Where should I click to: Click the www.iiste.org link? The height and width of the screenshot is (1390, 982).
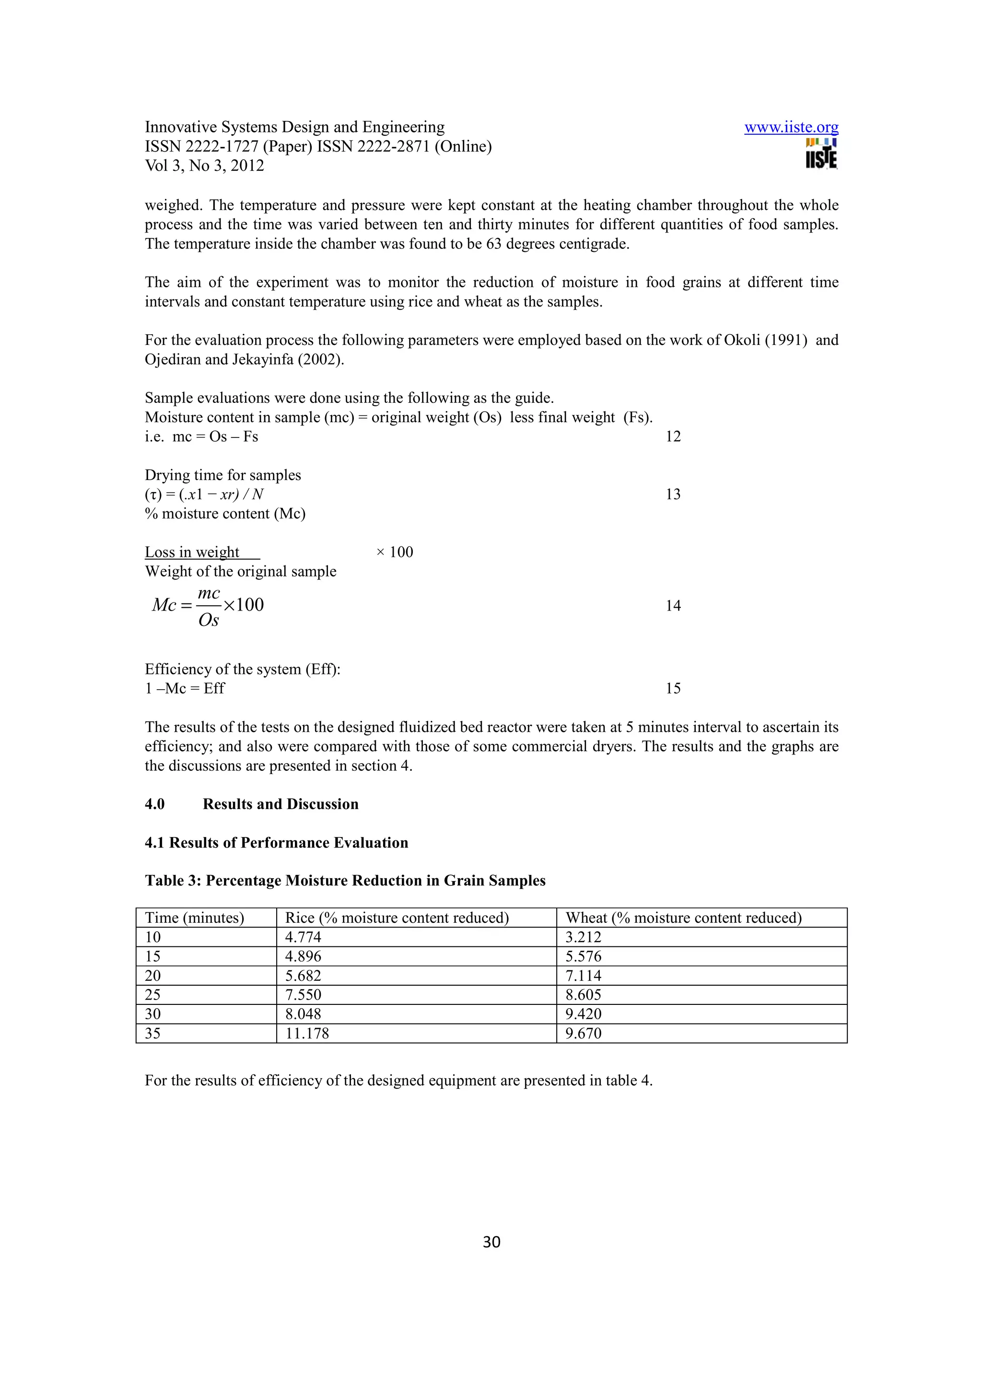791,127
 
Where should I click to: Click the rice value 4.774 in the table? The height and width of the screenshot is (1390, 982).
303,937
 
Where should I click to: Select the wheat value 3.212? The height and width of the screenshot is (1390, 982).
583,937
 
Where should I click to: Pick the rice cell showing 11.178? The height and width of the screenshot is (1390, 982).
307,1034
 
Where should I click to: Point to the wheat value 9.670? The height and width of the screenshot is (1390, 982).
583,1034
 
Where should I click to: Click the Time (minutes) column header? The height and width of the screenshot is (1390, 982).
194,918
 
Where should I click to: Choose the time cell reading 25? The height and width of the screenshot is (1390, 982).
152,995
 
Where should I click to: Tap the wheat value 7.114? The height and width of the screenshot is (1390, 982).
583,975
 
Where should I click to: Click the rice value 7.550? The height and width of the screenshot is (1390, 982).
303,995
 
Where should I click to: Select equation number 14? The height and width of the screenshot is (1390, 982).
673,605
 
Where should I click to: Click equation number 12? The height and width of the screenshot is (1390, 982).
673,436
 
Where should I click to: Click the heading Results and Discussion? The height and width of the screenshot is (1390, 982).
280,804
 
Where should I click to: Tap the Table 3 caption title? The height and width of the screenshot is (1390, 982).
345,880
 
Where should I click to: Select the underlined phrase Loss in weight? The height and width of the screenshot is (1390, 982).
192,552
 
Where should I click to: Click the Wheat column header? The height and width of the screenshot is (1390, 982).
683,918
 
